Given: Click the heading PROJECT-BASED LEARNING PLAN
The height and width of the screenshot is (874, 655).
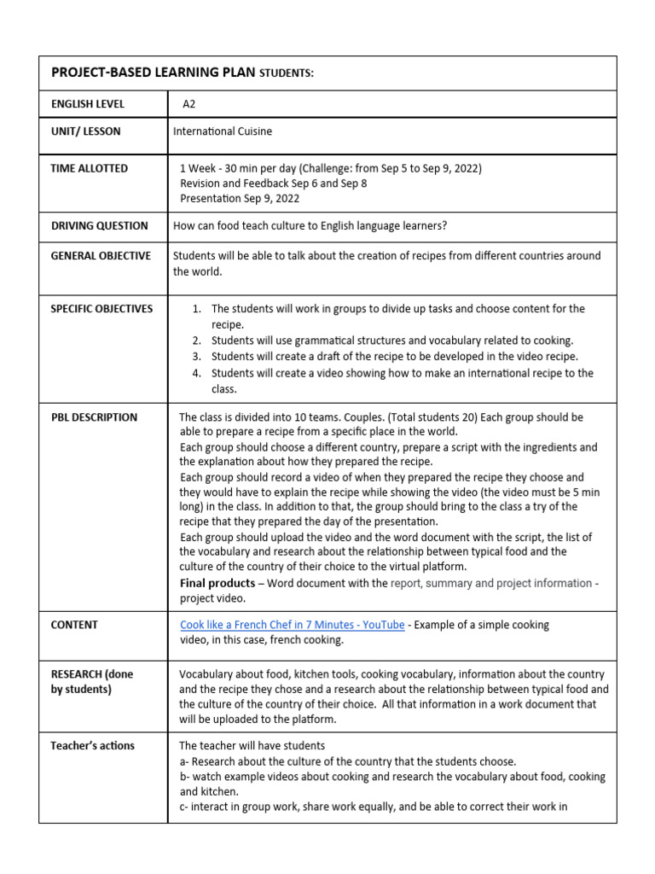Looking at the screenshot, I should point(153,73).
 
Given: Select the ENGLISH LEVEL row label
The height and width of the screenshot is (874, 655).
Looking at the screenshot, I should point(88,104).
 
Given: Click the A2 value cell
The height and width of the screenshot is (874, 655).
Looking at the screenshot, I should point(189,104).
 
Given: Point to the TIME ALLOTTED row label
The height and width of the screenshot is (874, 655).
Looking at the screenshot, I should point(90,168).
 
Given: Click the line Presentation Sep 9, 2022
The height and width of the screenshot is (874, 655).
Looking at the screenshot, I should point(240,199).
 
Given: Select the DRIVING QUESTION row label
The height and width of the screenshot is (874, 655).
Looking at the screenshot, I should point(99,226).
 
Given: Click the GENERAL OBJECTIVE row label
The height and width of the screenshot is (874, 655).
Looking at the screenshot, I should point(101,256).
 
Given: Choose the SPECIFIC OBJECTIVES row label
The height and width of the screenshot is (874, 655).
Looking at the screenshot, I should point(101,309).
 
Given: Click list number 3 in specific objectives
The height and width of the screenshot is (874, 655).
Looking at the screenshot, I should point(196,356).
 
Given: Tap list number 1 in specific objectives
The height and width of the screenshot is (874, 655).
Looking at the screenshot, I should point(196,309).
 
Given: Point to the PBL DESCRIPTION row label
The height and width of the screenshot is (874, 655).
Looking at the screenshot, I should point(94,417).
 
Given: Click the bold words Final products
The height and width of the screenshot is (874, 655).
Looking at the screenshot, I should point(217,583).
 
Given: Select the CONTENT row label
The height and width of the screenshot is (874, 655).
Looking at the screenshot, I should point(74,625).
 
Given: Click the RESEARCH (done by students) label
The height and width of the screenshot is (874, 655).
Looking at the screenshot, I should point(91,681).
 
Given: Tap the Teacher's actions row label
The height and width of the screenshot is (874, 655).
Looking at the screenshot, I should point(92,745).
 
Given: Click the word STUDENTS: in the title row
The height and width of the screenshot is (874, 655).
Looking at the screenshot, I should point(287,73).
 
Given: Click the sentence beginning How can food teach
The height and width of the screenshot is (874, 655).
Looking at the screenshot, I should point(310,226).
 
